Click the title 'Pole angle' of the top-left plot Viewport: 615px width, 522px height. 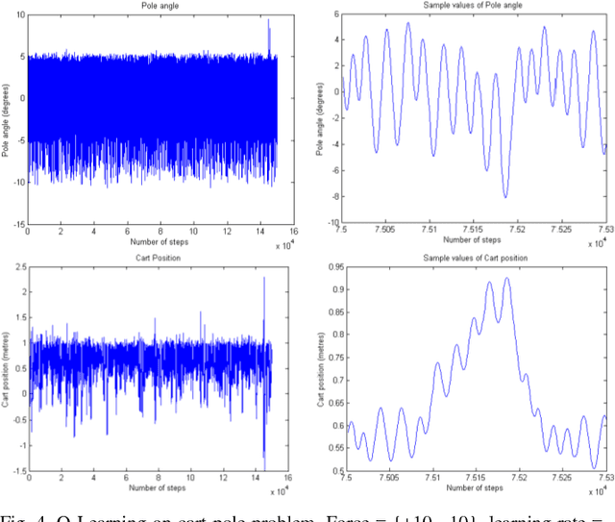tap(152, 6)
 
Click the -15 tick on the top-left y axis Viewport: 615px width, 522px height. tap(18, 224)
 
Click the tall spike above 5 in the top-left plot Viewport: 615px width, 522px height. tap(268, 21)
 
